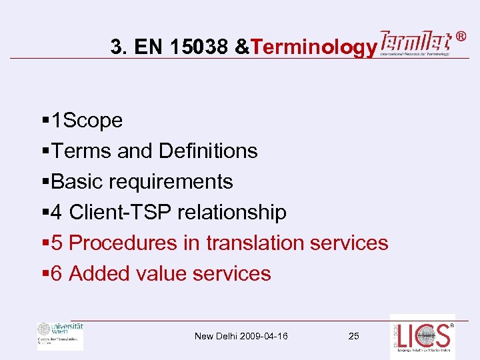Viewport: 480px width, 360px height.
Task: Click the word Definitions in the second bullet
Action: click(x=208, y=151)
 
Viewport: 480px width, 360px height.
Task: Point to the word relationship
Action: click(x=239, y=213)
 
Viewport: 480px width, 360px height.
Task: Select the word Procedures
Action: click(x=124, y=243)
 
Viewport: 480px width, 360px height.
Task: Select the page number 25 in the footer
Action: click(x=353, y=336)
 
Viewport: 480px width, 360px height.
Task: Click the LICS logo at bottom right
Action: click(x=422, y=337)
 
